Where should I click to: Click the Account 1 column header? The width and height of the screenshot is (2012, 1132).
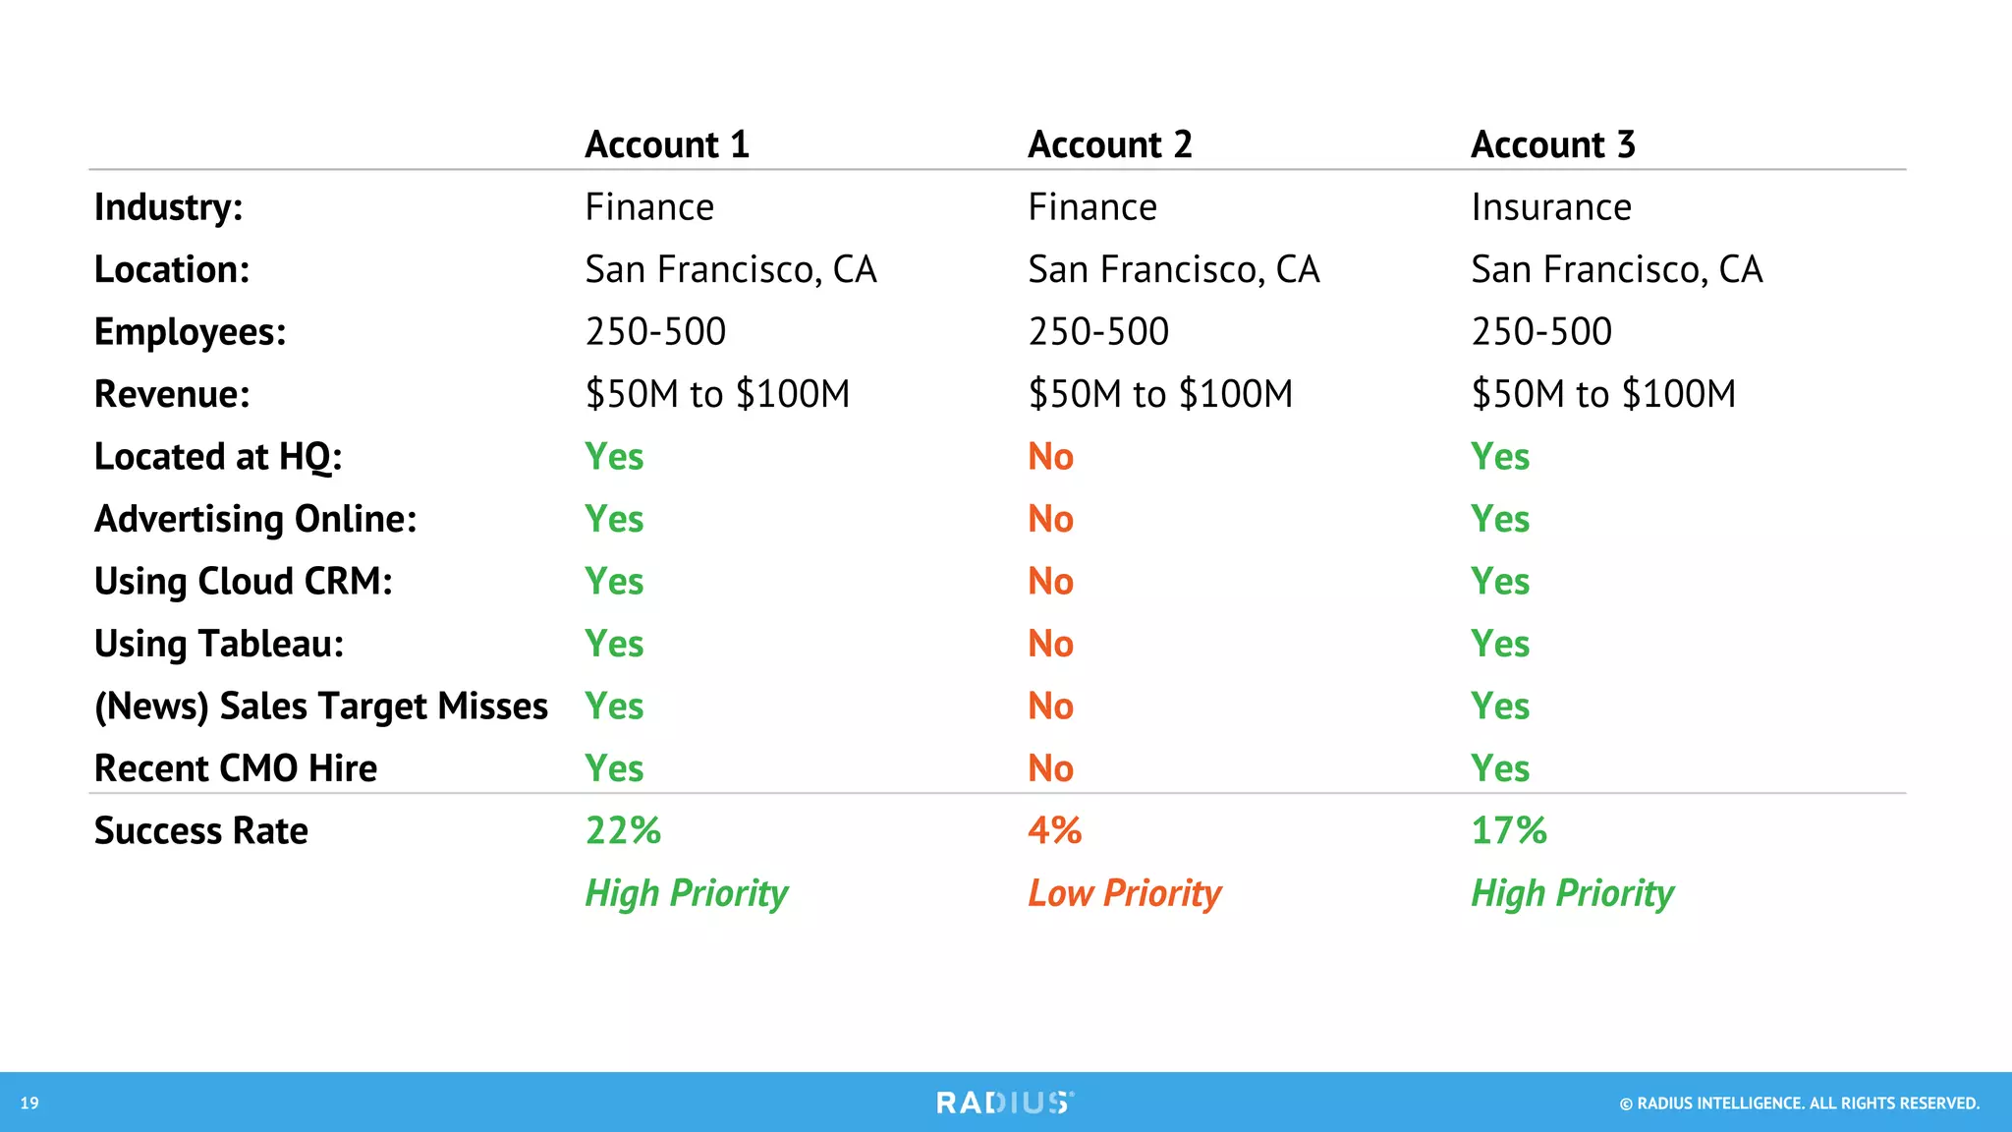coord(667,144)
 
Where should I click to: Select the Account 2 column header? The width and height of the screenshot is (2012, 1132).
coord(1109,144)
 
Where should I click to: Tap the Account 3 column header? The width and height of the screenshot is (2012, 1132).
coord(1552,144)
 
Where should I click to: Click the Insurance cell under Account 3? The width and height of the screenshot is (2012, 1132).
coord(1550,207)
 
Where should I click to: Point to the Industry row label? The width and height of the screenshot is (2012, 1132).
coord(168,207)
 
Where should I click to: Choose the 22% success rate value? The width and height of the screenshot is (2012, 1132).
coord(623,830)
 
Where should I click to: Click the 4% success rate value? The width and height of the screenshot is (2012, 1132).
coord(1054,830)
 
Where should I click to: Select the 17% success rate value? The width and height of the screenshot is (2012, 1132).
coord(1508,830)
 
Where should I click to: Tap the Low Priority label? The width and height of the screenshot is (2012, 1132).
coord(1124,893)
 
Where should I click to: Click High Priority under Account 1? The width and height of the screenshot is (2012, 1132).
coord(686,893)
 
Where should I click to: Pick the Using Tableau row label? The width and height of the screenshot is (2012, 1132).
coord(219,644)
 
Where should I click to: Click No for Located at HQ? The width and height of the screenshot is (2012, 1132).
coord(1050,457)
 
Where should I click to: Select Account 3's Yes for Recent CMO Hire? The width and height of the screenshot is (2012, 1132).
coord(1499,768)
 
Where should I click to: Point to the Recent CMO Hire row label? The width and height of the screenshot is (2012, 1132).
coord(236,768)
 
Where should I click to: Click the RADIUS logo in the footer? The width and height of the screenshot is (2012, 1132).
coord(1005,1103)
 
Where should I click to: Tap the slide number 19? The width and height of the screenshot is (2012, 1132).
coord(29,1104)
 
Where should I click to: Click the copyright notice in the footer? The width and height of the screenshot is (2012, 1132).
coord(1799,1104)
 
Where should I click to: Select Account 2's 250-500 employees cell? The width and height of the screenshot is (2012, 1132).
coord(1098,332)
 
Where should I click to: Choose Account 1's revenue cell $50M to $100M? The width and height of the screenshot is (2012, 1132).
coord(717,394)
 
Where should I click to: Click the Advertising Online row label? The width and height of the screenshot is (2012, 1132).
coord(255,519)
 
